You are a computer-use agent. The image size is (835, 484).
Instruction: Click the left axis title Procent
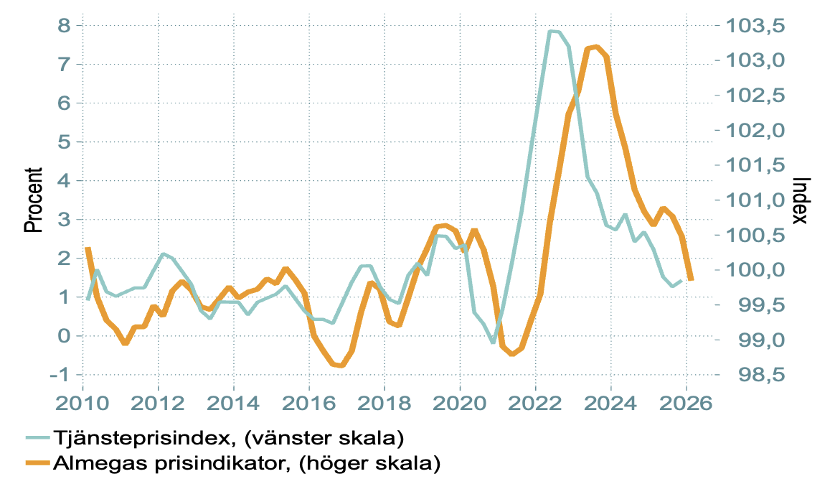coord(33,200)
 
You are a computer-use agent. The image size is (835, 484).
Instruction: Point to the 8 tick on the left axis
coord(65,25)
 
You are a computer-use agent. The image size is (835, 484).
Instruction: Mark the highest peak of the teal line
coord(551,32)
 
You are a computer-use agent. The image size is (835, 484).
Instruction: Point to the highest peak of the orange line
coord(596,47)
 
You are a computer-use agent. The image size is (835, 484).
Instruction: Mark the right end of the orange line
coord(691,279)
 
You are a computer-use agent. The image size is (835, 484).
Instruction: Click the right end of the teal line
coord(681,281)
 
